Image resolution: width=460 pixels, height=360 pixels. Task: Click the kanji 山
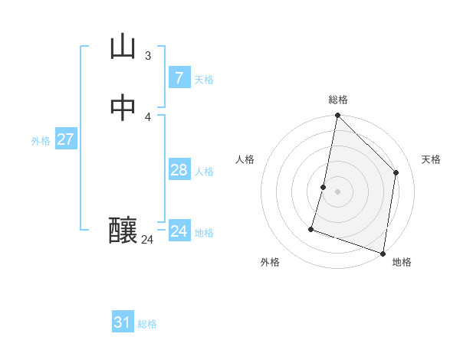123,47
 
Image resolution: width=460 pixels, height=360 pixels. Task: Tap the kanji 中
123,108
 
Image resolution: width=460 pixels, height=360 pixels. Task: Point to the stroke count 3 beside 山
148,55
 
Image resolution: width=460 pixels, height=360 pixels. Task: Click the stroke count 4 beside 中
148,116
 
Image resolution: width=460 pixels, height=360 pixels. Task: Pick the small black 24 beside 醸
147,240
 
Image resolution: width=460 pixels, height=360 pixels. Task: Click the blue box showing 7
179,77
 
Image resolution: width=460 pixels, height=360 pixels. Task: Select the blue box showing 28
179,170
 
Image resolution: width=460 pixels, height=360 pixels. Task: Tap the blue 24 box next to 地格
179,231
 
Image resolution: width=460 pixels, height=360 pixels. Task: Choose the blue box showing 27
65,139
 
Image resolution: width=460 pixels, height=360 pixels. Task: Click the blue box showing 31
123,322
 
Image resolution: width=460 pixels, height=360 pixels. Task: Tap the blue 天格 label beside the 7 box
204,79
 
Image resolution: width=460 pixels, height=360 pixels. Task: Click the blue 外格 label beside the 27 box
41,141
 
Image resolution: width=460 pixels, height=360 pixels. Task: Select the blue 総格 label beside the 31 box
147,324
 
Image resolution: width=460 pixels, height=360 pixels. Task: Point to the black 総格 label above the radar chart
337,100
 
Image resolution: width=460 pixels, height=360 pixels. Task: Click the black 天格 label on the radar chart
431,159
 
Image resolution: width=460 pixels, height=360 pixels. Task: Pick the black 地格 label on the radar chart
402,262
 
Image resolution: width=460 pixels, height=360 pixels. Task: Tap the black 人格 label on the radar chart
245,159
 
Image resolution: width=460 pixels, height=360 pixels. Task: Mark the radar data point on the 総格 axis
337,116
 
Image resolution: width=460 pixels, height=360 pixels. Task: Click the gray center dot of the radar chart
337,191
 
